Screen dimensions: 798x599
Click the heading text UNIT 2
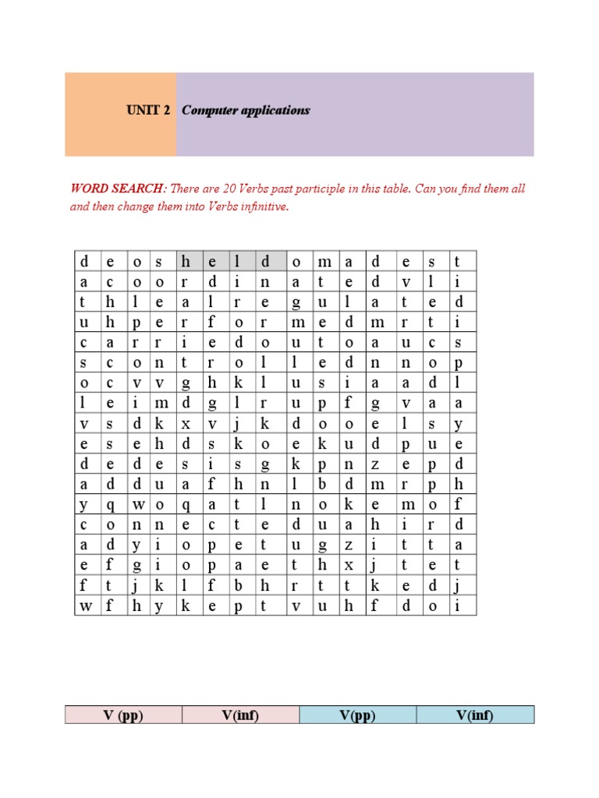pyautogui.click(x=148, y=111)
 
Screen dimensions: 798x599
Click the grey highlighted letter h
pyautogui.click(x=185, y=262)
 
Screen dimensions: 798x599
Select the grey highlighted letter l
pyautogui.click(x=239, y=262)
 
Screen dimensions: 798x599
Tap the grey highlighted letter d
pyautogui.click(x=265, y=262)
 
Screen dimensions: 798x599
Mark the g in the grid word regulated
pyautogui.click(x=296, y=302)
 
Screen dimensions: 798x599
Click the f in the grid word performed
pyautogui.click(x=212, y=323)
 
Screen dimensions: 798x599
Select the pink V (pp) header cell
pyautogui.click(x=123, y=715)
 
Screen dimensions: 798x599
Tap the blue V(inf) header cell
pyautogui.click(x=475, y=715)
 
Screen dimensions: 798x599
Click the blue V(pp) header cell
pyautogui.click(x=357, y=715)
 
